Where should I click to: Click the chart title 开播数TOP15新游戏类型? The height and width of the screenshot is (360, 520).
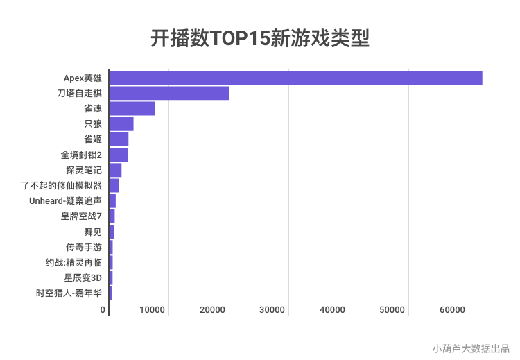coord(260,38)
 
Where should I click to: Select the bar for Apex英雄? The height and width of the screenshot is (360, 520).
coord(295,78)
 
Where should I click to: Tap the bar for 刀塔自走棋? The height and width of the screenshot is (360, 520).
coord(169,93)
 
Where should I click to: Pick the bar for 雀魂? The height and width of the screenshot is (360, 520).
coord(132,108)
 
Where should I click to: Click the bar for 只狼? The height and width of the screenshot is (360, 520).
coord(121,124)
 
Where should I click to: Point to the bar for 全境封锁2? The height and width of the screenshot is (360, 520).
coord(119,155)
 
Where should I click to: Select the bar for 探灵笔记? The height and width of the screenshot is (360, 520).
coord(115,170)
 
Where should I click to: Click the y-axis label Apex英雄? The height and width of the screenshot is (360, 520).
coord(83,78)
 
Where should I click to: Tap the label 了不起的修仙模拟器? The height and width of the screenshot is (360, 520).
coord(62,185)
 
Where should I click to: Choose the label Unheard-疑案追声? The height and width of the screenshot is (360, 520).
coord(66,200)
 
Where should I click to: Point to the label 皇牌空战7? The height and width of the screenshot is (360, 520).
coord(81,216)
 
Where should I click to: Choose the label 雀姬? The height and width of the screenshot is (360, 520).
coord(92,139)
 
